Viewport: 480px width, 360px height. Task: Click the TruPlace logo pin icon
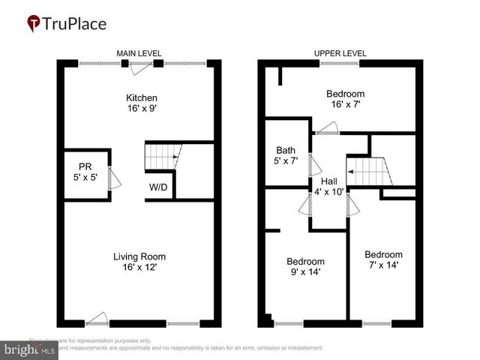pos(33,23)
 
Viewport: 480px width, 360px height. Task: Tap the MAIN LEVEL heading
pos(140,53)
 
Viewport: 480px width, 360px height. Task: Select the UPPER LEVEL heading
pos(340,53)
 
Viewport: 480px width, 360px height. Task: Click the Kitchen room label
pos(141,102)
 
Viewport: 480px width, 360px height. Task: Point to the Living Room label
pos(139,261)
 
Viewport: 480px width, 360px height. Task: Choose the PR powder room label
pos(85,172)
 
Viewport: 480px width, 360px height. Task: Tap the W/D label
pos(157,187)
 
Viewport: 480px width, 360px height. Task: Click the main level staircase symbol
pos(161,158)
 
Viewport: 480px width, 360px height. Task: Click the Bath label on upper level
pos(286,154)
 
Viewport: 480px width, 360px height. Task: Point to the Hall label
pos(329,186)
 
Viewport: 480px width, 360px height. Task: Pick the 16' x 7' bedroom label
pos(345,98)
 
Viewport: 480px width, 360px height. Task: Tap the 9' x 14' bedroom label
pos(304,266)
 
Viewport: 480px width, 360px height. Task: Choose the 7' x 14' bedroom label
pos(383,259)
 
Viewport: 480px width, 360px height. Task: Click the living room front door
pos(96,320)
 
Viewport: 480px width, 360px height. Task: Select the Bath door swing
pos(315,165)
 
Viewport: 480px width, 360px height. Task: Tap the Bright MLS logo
pos(28,349)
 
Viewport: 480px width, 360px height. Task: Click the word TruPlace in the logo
pos(74,24)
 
